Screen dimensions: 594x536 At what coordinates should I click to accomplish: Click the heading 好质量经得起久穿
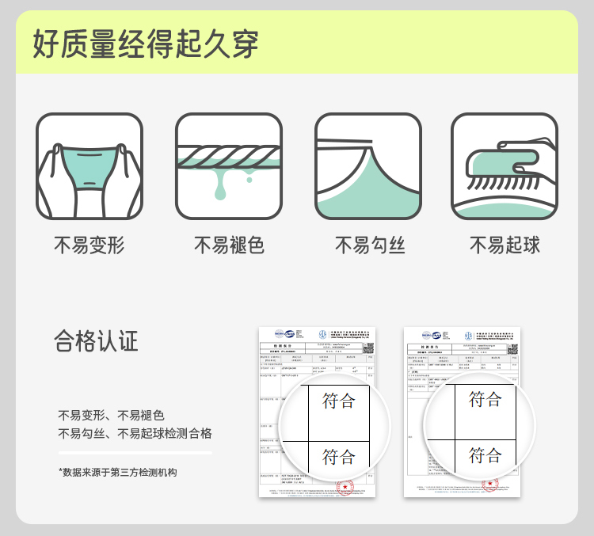(x=146, y=43)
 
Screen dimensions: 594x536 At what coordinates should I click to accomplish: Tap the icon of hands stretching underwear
(x=89, y=166)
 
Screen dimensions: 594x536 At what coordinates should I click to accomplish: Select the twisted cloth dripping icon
(x=229, y=166)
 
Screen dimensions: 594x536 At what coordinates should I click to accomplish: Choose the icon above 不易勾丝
(x=368, y=166)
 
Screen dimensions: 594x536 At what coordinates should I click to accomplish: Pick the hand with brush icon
(x=505, y=166)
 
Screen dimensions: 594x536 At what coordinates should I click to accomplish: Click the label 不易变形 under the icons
(x=89, y=245)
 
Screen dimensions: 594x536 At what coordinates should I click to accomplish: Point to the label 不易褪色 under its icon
(x=229, y=245)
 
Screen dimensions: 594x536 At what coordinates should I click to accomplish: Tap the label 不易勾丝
(x=369, y=245)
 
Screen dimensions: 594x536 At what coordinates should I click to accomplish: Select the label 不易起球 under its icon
(x=505, y=245)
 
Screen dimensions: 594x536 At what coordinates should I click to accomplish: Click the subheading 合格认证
(x=96, y=341)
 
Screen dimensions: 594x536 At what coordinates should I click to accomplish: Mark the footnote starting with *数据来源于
(x=118, y=472)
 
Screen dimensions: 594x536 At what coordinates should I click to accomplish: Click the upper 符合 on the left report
(x=339, y=401)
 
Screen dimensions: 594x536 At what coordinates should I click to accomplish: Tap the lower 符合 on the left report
(x=339, y=457)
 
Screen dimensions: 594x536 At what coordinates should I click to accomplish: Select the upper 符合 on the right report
(x=485, y=400)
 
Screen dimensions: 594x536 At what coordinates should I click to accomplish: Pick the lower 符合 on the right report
(x=485, y=455)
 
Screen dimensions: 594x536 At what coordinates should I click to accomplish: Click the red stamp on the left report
(x=345, y=486)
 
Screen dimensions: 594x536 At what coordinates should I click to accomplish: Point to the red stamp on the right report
(x=491, y=485)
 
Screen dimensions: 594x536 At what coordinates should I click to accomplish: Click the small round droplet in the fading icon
(x=249, y=180)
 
